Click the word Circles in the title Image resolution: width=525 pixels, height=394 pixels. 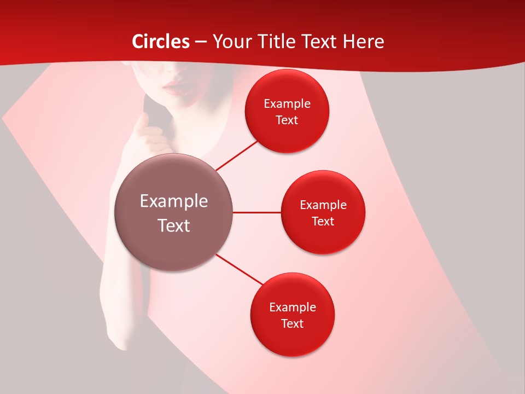pyautogui.click(x=161, y=42)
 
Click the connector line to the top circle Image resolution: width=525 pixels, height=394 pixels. pyautogui.click(x=237, y=155)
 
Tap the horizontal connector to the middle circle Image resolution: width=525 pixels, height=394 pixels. pyautogui.click(x=257, y=212)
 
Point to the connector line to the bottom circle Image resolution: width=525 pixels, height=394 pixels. pyautogui.click(x=240, y=269)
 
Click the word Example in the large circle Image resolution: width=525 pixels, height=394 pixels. pyautogui.click(x=174, y=201)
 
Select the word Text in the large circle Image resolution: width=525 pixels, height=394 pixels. pyautogui.click(x=174, y=225)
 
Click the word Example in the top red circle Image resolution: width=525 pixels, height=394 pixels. pyautogui.click(x=287, y=104)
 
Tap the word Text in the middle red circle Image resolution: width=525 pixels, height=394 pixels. pyautogui.click(x=323, y=222)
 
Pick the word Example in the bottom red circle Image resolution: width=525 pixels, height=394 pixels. pyautogui.click(x=293, y=308)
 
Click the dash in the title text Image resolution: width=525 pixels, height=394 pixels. pyautogui.click(x=201, y=42)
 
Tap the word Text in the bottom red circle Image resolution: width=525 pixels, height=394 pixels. pyautogui.click(x=293, y=324)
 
